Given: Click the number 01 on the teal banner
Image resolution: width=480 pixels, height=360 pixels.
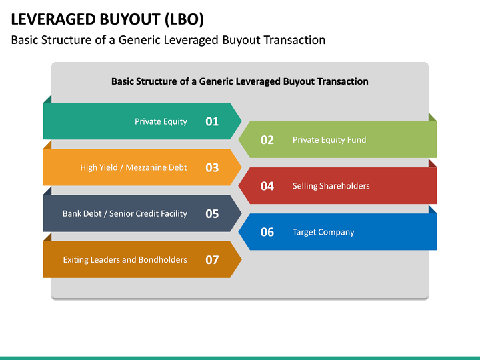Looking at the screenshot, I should [212, 121].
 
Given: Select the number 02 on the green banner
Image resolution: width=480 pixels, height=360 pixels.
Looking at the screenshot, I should [267, 140].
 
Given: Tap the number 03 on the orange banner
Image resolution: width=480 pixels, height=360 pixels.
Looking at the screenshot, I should [212, 168].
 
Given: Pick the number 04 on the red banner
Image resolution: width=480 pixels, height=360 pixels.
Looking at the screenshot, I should [267, 186].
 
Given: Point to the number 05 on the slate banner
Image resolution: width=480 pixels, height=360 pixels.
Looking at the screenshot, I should [212, 214].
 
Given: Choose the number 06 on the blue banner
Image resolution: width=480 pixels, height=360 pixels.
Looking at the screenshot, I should [267, 232].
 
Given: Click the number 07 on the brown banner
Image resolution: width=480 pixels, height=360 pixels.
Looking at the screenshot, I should [212, 260].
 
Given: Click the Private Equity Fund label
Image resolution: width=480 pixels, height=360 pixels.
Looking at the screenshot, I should [329, 140].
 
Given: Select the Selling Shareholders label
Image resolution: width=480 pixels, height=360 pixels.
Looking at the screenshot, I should [331, 186].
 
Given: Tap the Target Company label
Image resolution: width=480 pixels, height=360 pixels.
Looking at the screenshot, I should [323, 232].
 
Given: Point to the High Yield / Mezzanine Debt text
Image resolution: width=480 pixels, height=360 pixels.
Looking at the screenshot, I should [133, 168].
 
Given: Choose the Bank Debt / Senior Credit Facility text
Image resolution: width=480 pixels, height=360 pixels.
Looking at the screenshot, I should [125, 214].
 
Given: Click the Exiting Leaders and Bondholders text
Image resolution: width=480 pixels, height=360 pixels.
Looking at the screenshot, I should [125, 260].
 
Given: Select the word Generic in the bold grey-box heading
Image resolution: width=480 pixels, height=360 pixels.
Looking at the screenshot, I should [219, 81].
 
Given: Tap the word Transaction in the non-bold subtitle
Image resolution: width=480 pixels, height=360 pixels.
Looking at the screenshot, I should [295, 40].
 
